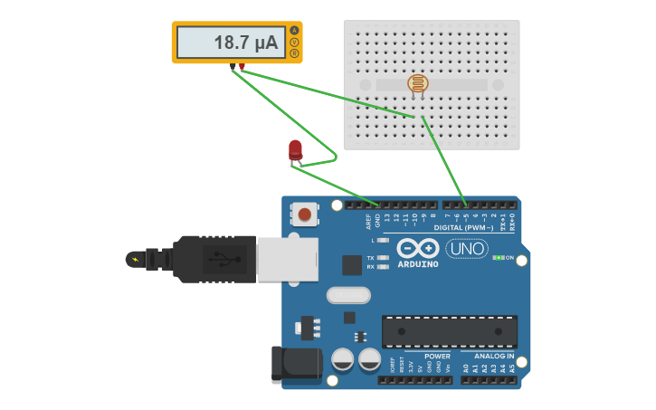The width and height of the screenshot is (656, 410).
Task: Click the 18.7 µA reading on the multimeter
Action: coord(245,43)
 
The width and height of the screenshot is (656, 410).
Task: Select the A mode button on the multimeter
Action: coord(294,31)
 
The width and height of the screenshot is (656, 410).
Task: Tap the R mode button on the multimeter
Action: coord(294,53)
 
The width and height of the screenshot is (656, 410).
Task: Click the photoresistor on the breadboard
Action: coord(417,84)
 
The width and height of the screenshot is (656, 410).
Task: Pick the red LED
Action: coord(295,150)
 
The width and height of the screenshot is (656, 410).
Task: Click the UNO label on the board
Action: coord(467,249)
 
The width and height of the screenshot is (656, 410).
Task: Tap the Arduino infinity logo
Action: coord(417,248)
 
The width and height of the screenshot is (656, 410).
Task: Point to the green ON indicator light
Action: coord(498,258)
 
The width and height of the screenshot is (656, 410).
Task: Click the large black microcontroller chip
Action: coord(449,331)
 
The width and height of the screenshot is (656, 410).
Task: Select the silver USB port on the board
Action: coord(287,260)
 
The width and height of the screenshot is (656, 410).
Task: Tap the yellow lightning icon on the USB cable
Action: coord(136,260)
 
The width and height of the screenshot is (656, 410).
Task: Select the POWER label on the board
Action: coord(437,357)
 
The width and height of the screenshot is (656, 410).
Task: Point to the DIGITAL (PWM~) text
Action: coord(463,228)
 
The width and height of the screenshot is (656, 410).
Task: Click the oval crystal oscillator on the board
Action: coord(348,295)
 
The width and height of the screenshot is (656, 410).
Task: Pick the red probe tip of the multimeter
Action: coord(242,67)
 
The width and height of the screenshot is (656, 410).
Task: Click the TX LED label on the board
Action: coord(371,258)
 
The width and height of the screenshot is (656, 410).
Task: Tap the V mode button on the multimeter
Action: coord(294,43)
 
